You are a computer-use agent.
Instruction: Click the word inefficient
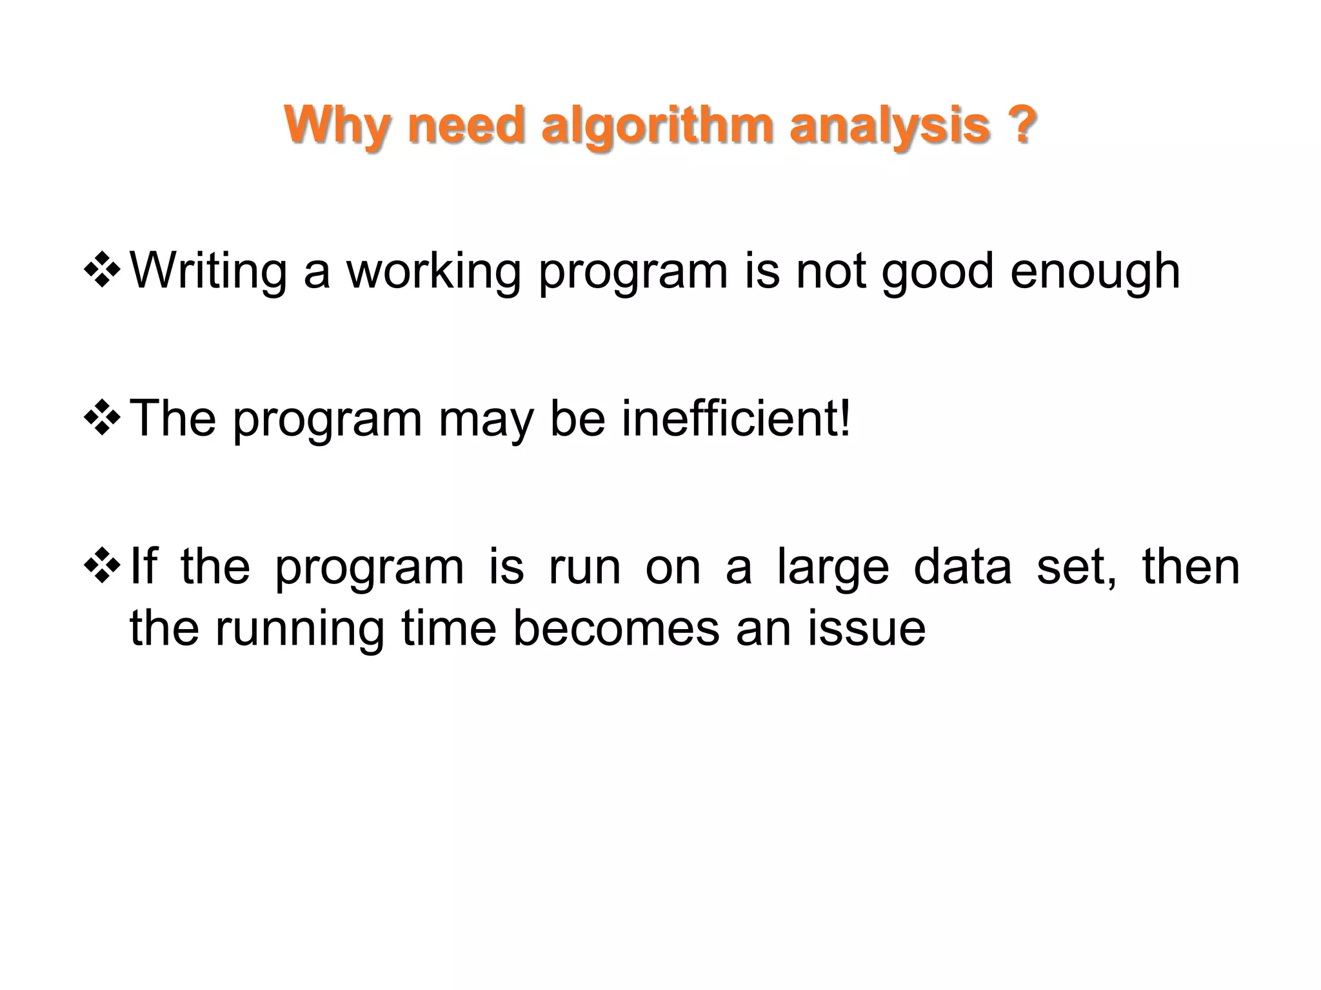735,419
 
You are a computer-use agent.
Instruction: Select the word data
962,566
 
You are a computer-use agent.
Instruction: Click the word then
1191,566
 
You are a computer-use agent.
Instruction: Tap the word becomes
615,628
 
